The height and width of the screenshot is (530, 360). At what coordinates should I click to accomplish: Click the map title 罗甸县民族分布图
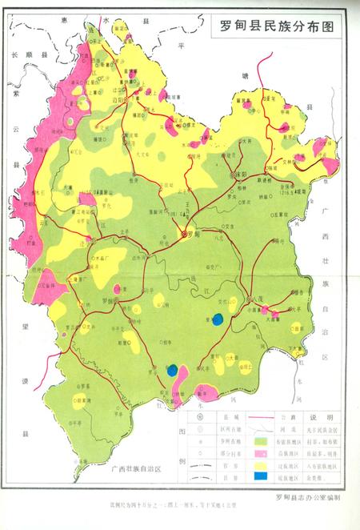(x=275, y=26)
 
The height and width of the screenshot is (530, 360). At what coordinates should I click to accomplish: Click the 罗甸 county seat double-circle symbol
(x=185, y=235)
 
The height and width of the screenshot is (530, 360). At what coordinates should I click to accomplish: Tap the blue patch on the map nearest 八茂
(x=217, y=320)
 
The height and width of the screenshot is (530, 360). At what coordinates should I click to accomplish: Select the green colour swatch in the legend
(x=260, y=441)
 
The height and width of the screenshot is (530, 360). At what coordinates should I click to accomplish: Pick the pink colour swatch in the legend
(x=260, y=453)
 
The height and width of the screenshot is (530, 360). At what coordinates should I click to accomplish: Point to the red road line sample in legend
(x=260, y=417)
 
